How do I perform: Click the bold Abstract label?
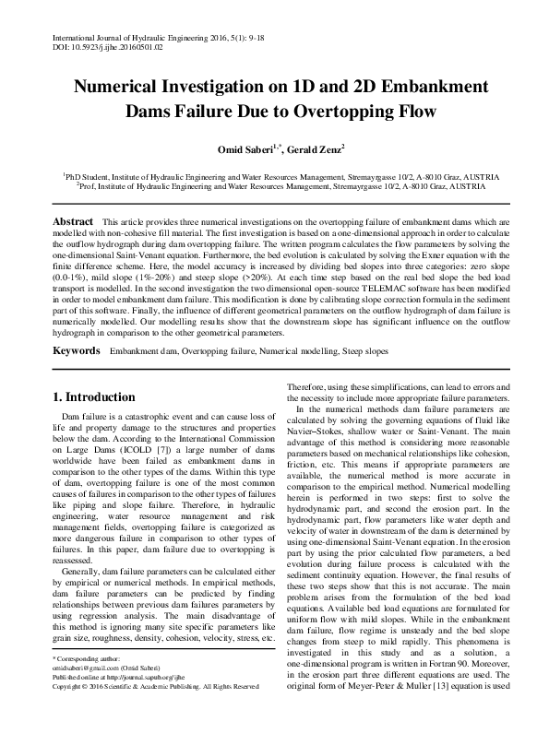tap(73, 222)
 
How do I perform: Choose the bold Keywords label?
tap(76, 351)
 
